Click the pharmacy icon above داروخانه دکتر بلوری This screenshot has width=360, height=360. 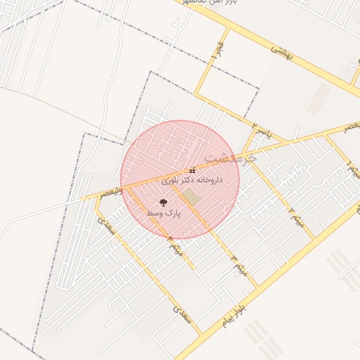(x=193, y=171)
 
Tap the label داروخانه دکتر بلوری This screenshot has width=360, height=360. (x=192, y=181)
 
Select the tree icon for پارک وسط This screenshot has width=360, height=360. (x=163, y=202)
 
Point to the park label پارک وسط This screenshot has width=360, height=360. (x=164, y=212)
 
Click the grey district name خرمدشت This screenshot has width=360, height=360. (x=231, y=156)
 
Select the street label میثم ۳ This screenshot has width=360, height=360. (x=239, y=264)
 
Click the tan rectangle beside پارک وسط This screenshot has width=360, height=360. (x=191, y=198)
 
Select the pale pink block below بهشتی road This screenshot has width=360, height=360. (x=319, y=98)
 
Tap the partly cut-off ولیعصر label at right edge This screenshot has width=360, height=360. (x=349, y=125)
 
